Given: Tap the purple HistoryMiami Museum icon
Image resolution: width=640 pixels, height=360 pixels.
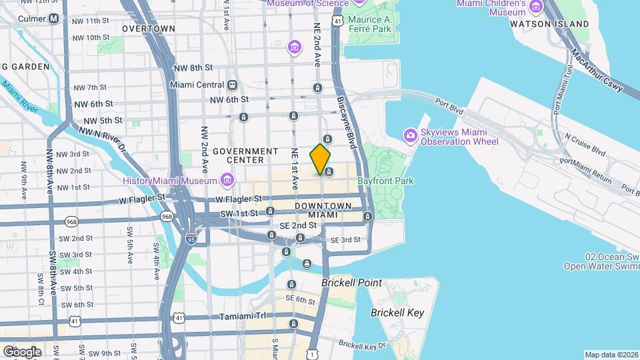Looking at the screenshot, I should pyautogui.click(x=227, y=180).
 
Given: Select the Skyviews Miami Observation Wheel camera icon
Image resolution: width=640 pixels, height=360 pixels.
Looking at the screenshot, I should pyautogui.click(x=410, y=136).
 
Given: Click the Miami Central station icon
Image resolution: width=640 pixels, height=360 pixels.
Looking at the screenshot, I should pyautogui.click(x=232, y=85).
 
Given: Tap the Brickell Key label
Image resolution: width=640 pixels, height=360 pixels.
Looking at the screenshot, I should pyautogui.click(x=397, y=313).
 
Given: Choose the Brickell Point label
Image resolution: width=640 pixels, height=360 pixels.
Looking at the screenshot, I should pyautogui.click(x=351, y=283).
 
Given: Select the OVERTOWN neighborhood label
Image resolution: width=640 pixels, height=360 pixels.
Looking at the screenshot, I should pyautogui.click(x=149, y=29).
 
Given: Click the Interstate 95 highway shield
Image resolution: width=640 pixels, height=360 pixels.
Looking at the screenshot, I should pyautogui.click(x=191, y=239).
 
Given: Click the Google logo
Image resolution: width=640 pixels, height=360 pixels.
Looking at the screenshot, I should pyautogui.click(x=22, y=351).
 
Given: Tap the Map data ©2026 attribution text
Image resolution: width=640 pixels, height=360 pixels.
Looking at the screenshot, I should pyautogui.click(x=610, y=355).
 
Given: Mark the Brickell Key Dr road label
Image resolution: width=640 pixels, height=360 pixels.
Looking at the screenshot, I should pyautogui.click(x=361, y=345).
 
